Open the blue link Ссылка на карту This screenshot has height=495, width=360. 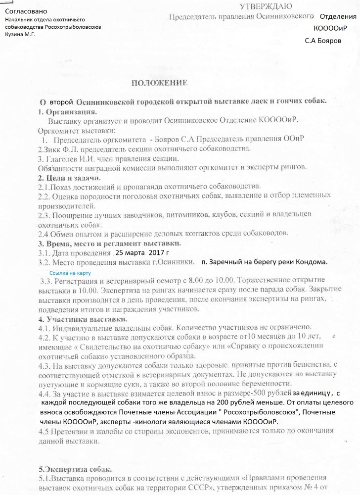tap(71, 273)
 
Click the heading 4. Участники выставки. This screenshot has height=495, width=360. tap(82, 318)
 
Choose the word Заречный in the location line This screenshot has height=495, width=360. tap(225, 261)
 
